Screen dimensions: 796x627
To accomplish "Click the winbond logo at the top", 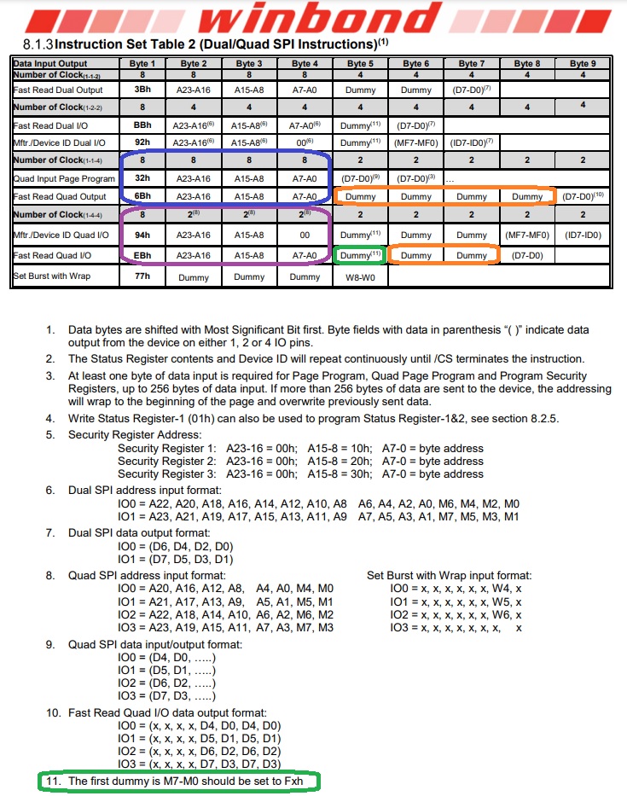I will coord(313,19).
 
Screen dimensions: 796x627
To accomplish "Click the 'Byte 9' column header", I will coord(583,63).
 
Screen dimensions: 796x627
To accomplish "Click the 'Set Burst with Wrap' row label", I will coord(52,276).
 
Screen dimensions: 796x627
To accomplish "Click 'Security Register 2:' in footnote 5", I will coord(165,462).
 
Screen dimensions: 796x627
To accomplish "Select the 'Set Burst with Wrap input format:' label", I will coord(450,576).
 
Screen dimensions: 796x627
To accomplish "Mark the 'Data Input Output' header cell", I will coord(50,63).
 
